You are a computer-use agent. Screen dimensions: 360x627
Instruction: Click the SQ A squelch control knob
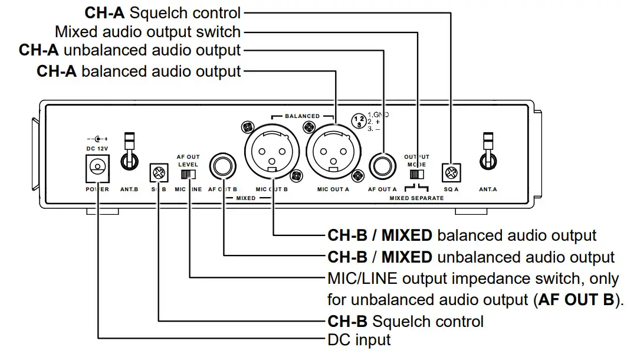click(451, 172)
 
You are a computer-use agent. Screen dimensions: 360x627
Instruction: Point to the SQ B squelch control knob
click(159, 172)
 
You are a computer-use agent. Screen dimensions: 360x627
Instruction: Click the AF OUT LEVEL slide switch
click(188, 174)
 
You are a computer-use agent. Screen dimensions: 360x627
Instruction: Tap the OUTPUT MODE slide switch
click(417, 175)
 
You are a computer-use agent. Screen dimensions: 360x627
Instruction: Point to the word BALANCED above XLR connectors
click(302, 116)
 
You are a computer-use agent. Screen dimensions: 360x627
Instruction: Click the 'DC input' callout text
click(359, 340)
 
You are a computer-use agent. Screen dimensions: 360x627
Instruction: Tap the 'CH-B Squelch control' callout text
click(405, 321)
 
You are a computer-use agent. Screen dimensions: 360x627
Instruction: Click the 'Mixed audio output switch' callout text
click(147, 31)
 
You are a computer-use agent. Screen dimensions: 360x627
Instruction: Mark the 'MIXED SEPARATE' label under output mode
click(416, 198)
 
